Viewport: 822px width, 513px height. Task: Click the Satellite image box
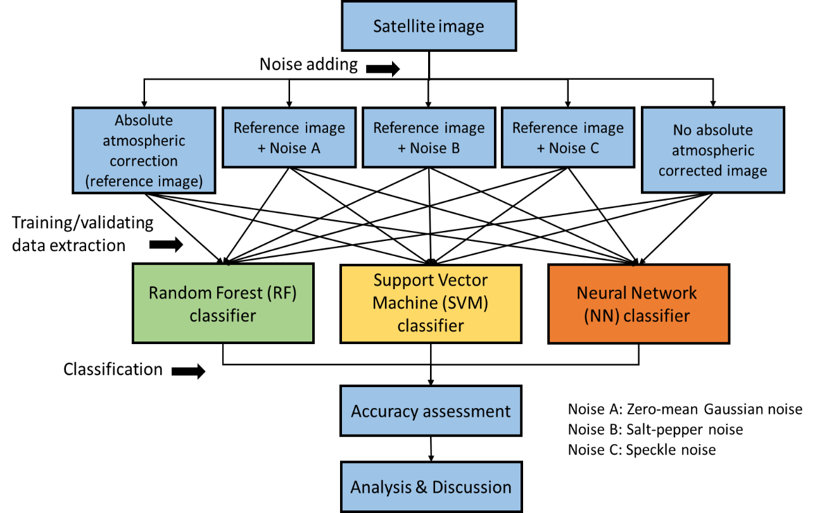coord(429,26)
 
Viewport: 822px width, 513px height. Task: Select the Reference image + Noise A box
coord(289,137)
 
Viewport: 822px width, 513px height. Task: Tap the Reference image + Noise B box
coord(429,137)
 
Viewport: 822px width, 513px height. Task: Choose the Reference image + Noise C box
coord(568,137)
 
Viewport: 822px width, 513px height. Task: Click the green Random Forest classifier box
coord(223,304)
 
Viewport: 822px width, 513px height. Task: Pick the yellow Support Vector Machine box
coord(431,304)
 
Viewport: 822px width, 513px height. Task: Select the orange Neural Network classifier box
coord(638,304)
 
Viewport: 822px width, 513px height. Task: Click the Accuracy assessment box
coord(431,411)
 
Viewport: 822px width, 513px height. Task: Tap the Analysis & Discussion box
coord(431,487)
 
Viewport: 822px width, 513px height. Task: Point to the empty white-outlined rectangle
coord(690,430)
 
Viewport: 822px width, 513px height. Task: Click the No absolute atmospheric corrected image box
coord(712,150)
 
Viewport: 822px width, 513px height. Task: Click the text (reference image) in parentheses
coord(144,182)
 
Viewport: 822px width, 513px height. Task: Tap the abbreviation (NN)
coord(600,316)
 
